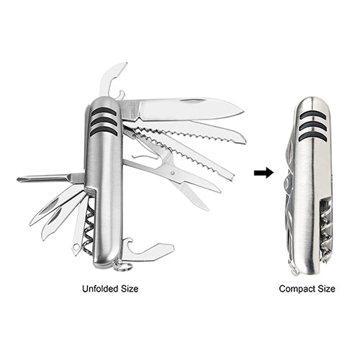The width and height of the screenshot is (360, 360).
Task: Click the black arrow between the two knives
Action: (264, 173)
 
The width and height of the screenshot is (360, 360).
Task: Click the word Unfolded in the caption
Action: (100, 289)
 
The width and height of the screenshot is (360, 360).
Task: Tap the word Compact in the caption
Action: (297, 289)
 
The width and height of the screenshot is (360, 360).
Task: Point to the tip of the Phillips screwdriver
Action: (18, 179)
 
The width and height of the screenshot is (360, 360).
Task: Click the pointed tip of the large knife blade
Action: (243, 112)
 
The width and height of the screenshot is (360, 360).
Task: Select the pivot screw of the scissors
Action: (172, 173)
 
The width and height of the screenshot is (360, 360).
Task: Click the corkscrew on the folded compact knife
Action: (325, 233)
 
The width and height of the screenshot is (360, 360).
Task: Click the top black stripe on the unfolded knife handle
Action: (104, 111)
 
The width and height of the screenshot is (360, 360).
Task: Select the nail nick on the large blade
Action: (193, 101)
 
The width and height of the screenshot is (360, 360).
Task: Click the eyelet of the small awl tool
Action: (76, 247)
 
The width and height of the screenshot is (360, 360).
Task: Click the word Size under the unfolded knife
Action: (130, 289)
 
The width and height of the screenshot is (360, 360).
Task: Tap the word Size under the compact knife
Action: (327, 289)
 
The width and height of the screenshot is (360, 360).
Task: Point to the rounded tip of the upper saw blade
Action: (244, 140)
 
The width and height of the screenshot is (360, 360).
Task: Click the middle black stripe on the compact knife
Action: (313, 127)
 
